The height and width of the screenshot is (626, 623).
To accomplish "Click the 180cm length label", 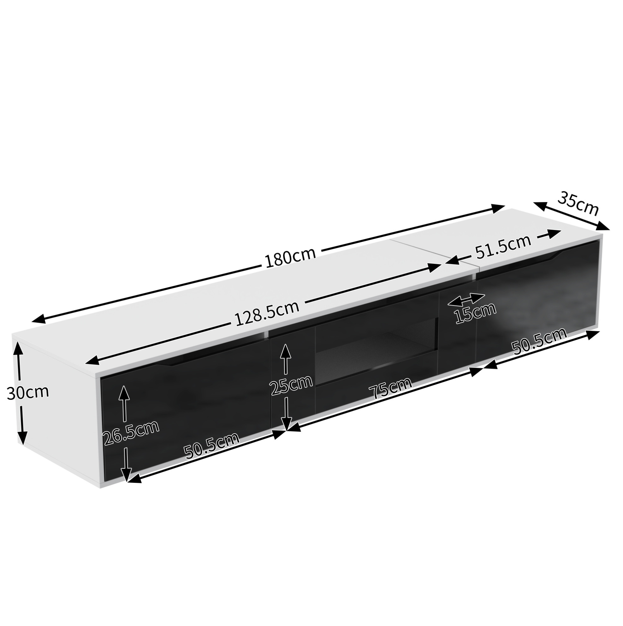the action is click(x=290, y=257).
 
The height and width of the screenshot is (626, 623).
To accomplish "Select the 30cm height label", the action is click(x=28, y=392).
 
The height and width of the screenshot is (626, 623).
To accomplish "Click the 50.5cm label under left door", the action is click(x=211, y=446).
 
